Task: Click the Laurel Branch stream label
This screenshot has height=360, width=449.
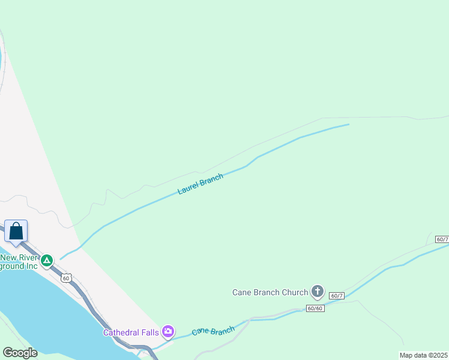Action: point(200,184)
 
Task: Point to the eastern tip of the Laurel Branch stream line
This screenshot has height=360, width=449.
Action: point(348,125)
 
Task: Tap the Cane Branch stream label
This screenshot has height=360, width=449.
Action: point(213,331)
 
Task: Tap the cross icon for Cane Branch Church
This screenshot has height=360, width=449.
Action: point(318,292)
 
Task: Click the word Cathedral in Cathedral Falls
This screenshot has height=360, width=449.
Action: point(122,332)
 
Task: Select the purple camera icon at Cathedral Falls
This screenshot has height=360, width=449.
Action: point(168,331)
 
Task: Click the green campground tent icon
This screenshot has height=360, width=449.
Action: point(47,261)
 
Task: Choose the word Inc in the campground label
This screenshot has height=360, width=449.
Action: point(31,266)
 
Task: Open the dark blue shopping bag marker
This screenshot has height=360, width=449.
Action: point(16,231)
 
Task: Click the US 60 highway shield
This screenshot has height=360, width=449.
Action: point(66,277)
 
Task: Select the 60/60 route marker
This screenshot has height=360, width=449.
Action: point(315,308)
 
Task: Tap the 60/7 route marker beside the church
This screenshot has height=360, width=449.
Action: point(337,296)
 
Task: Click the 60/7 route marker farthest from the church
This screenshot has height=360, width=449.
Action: point(442,239)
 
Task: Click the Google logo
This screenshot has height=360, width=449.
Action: point(20,353)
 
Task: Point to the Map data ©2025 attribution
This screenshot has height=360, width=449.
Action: point(423,355)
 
